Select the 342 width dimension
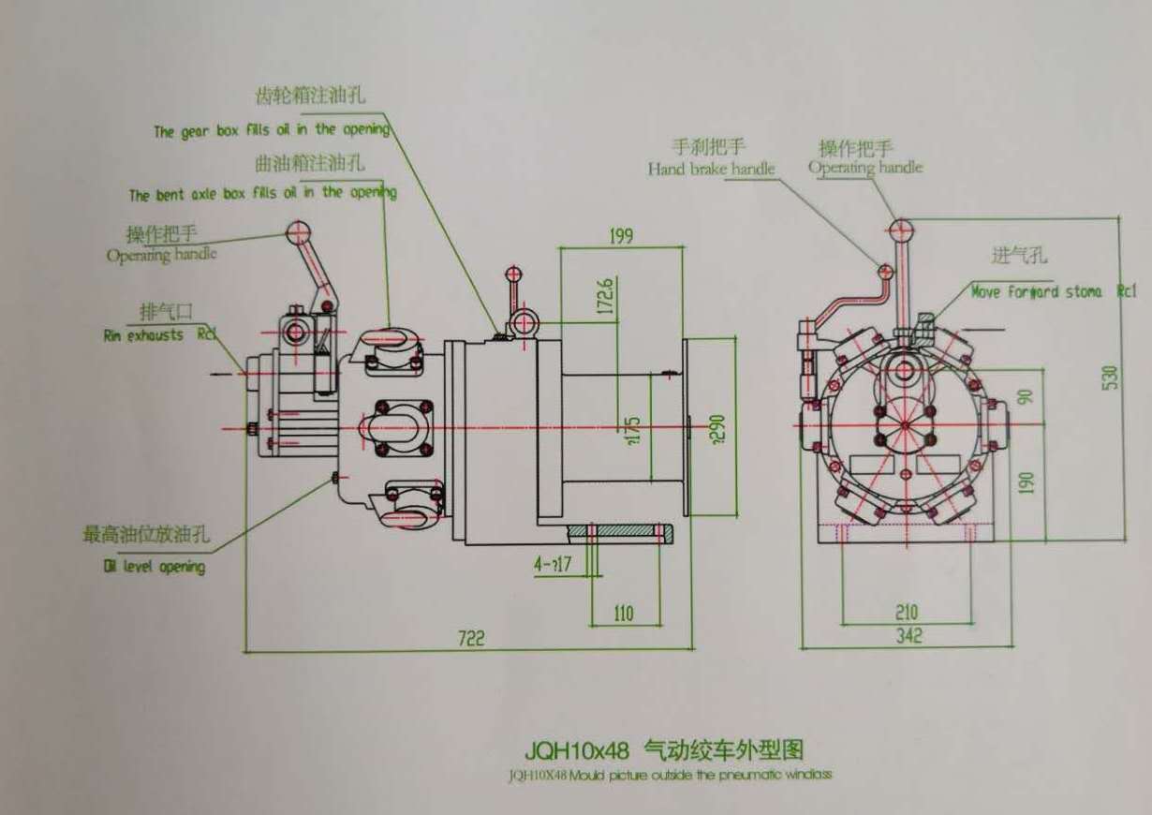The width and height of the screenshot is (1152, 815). [x=908, y=636]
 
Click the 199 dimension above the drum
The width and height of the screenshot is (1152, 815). [x=621, y=235]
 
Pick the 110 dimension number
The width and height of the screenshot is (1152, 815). [x=624, y=614]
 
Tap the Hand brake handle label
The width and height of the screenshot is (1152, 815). [x=712, y=169]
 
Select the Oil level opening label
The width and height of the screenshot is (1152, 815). [x=155, y=566]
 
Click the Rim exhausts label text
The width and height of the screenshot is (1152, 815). [x=144, y=334]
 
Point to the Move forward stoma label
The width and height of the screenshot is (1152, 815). [x=1036, y=291]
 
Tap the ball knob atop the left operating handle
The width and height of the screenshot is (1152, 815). [x=300, y=230]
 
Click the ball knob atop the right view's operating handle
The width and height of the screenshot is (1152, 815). [x=900, y=228]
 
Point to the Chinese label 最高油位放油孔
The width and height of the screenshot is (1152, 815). [x=145, y=535]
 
